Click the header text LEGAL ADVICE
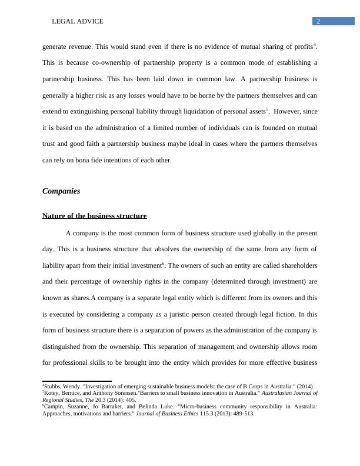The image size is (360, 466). click(78, 21)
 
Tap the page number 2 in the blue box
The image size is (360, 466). click(318, 21)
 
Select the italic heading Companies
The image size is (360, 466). click(61, 191)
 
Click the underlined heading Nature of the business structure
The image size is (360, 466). click(94, 216)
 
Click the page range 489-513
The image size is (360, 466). click(241, 413)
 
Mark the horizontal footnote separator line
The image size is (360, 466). click(77, 381)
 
